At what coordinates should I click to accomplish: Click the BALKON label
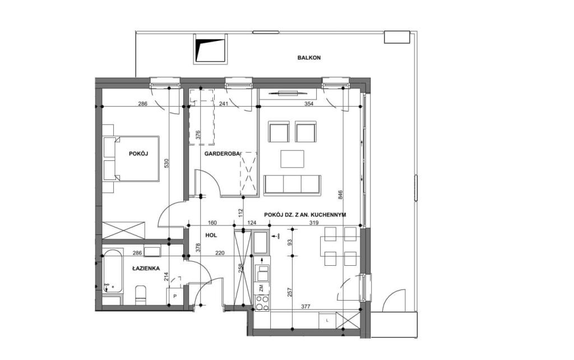point(309,58)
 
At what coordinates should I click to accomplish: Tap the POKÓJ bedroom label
point(138,154)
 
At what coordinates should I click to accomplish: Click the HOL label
point(211,235)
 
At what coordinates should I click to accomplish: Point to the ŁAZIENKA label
point(146,268)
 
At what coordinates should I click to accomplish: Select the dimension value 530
point(166,163)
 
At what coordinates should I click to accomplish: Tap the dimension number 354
point(309,104)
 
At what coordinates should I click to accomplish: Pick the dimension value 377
point(305,307)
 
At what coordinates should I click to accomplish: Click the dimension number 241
point(223,104)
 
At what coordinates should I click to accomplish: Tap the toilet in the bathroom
point(141,295)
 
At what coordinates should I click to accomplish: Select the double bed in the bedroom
point(132,159)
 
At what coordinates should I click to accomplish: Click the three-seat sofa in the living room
point(292,184)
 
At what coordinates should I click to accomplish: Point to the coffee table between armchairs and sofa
point(292,159)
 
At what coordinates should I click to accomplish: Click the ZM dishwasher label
point(261,288)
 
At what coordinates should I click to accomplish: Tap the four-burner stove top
point(261,302)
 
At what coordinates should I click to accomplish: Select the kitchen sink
point(261,242)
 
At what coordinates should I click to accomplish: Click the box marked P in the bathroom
point(175,296)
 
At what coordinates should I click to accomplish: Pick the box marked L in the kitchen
point(327,320)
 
